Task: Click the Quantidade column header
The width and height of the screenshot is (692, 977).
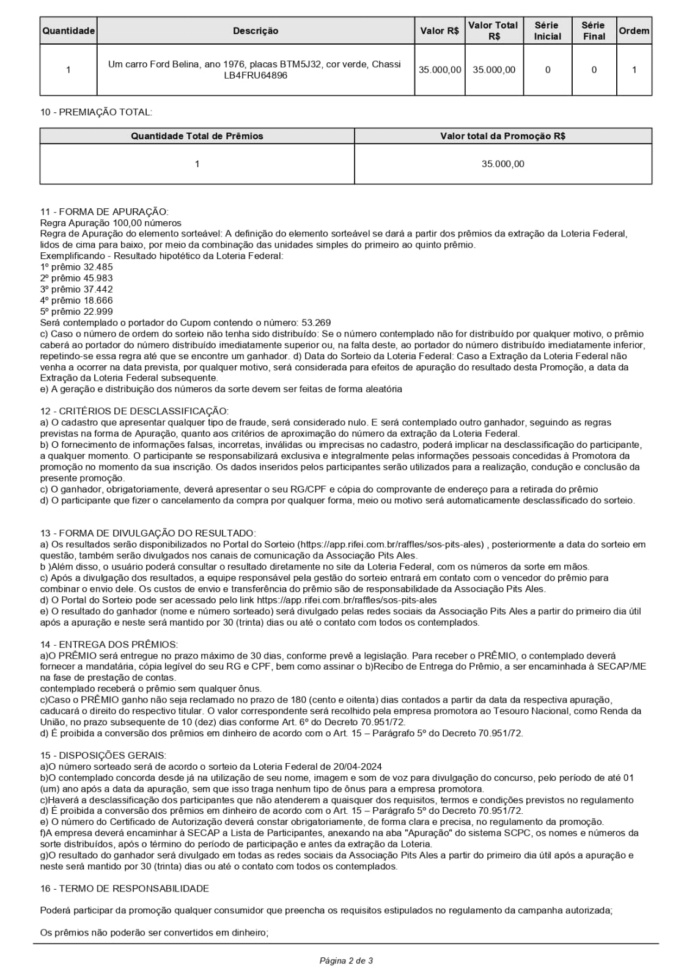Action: coord(68,31)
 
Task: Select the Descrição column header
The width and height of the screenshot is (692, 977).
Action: coord(256,31)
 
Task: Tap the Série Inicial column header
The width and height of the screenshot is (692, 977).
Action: coord(547,31)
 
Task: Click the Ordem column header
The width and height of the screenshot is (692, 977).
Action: coord(634,31)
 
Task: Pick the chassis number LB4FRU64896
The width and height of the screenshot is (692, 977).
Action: coord(256,75)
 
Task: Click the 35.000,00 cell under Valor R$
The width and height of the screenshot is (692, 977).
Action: coord(440,70)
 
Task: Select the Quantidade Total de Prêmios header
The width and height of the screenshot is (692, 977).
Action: coord(197,136)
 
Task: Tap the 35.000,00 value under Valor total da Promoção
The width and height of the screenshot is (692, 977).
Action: coord(502,164)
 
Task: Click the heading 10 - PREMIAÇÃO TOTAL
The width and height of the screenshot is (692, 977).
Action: coord(96,112)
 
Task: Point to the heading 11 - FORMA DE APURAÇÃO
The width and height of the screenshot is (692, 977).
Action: coord(104,212)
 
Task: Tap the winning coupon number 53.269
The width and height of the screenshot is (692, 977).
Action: coord(316,323)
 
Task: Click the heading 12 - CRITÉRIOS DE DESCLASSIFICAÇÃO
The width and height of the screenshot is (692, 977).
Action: coord(134,411)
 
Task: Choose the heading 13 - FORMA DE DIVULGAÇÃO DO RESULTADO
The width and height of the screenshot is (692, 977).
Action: coord(148,533)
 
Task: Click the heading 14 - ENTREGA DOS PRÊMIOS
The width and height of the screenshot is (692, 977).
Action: coord(109,645)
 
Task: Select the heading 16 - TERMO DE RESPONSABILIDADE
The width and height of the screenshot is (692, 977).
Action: coord(124,888)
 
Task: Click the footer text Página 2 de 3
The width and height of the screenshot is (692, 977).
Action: coord(346,961)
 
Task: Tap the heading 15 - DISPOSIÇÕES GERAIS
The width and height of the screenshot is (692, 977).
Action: coord(103,756)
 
